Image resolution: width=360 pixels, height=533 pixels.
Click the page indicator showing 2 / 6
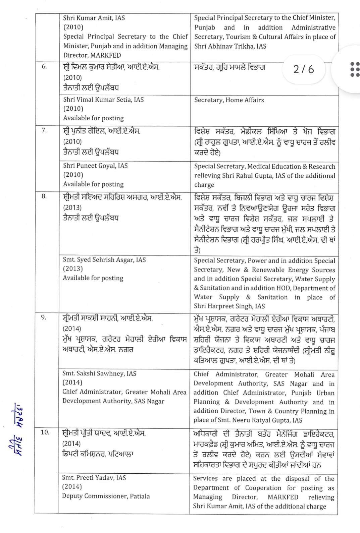tap(303, 69)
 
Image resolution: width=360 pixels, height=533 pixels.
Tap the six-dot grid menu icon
tap(355, 69)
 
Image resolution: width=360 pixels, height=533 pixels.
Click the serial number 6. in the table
tap(45, 66)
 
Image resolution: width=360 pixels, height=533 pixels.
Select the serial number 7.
tap(45, 130)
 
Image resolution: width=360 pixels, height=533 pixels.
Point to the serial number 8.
tap(45, 196)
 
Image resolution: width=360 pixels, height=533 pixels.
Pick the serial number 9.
tap(44, 317)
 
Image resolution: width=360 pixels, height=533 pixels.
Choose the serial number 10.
tap(45, 432)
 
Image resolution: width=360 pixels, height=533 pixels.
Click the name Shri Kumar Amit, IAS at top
tap(94, 18)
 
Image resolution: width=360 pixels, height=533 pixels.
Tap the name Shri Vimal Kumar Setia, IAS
tap(103, 100)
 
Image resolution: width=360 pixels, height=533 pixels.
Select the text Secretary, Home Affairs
tap(229, 100)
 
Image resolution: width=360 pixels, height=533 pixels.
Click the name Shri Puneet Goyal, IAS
tap(95, 166)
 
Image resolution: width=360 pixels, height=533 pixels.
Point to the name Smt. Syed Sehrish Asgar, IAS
tap(104, 259)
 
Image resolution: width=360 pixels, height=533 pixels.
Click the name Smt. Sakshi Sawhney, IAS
tap(99, 373)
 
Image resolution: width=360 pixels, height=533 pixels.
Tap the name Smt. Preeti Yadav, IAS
tap(94, 477)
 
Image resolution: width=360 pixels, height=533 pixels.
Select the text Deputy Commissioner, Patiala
tap(106, 496)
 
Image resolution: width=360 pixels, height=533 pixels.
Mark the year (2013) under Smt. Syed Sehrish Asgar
tap(72, 269)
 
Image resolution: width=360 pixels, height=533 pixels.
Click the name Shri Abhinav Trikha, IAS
tap(230, 46)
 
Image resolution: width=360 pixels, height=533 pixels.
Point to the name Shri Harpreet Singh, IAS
tap(229, 306)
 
